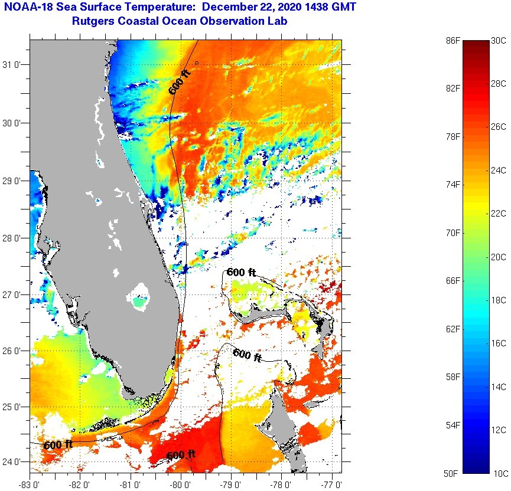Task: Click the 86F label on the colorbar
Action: pos(453,41)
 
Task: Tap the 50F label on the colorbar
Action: pos(453,473)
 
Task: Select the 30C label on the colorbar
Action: pos(499,41)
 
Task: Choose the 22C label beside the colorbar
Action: pos(499,214)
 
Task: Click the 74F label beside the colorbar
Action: pos(453,185)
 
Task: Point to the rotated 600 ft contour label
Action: pos(180,82)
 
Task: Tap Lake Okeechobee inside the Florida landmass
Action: pos(140,296)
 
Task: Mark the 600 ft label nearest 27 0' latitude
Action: pos(241,273)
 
